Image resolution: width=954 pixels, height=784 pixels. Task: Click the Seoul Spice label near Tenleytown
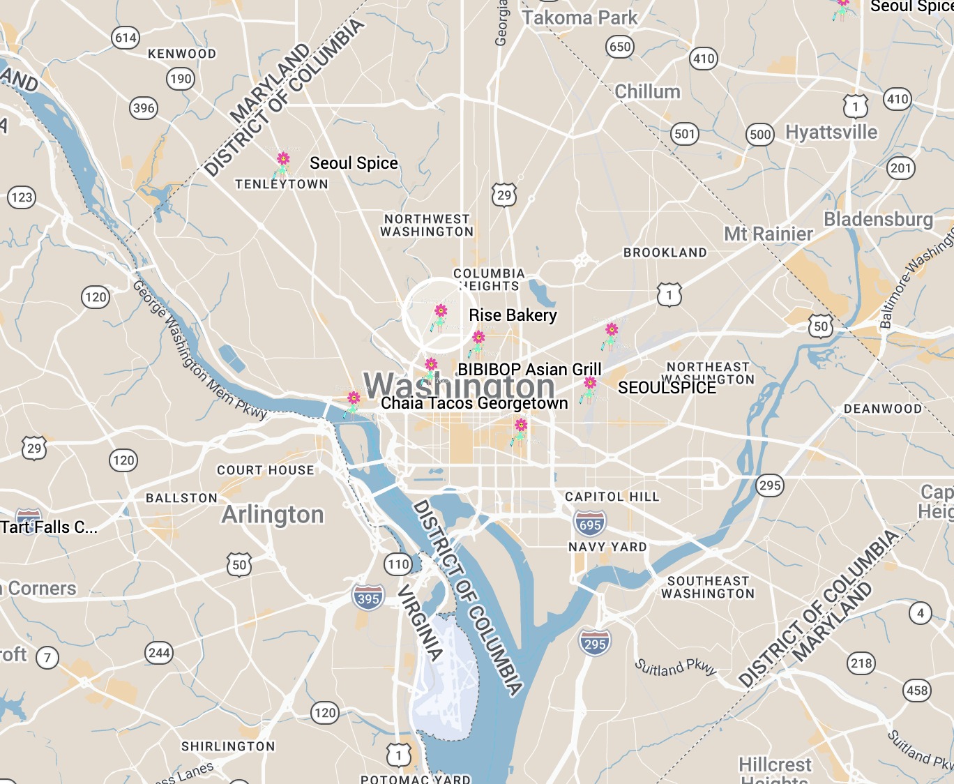354,163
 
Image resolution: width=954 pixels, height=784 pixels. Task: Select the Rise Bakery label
513,315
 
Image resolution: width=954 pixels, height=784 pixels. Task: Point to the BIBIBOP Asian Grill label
529,369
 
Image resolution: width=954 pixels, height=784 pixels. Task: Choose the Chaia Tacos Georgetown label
474,403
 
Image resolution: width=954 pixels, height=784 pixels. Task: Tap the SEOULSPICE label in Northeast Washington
667,388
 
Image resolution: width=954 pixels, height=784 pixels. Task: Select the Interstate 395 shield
368,598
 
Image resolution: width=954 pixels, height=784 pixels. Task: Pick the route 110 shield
398,564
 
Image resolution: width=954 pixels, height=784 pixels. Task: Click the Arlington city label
273,515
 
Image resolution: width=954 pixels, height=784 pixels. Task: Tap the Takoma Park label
580,18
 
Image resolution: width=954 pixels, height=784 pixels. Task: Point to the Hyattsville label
831,133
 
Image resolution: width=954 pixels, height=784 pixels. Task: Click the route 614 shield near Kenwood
126,38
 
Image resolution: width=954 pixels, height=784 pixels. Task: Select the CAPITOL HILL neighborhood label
612,497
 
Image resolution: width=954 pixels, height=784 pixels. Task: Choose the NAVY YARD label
607,547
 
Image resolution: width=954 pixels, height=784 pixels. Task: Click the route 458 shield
916,691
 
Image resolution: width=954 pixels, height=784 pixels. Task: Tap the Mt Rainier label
768,234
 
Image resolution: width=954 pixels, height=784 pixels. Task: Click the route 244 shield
159,653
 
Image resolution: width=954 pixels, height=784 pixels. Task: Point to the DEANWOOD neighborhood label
883,409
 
